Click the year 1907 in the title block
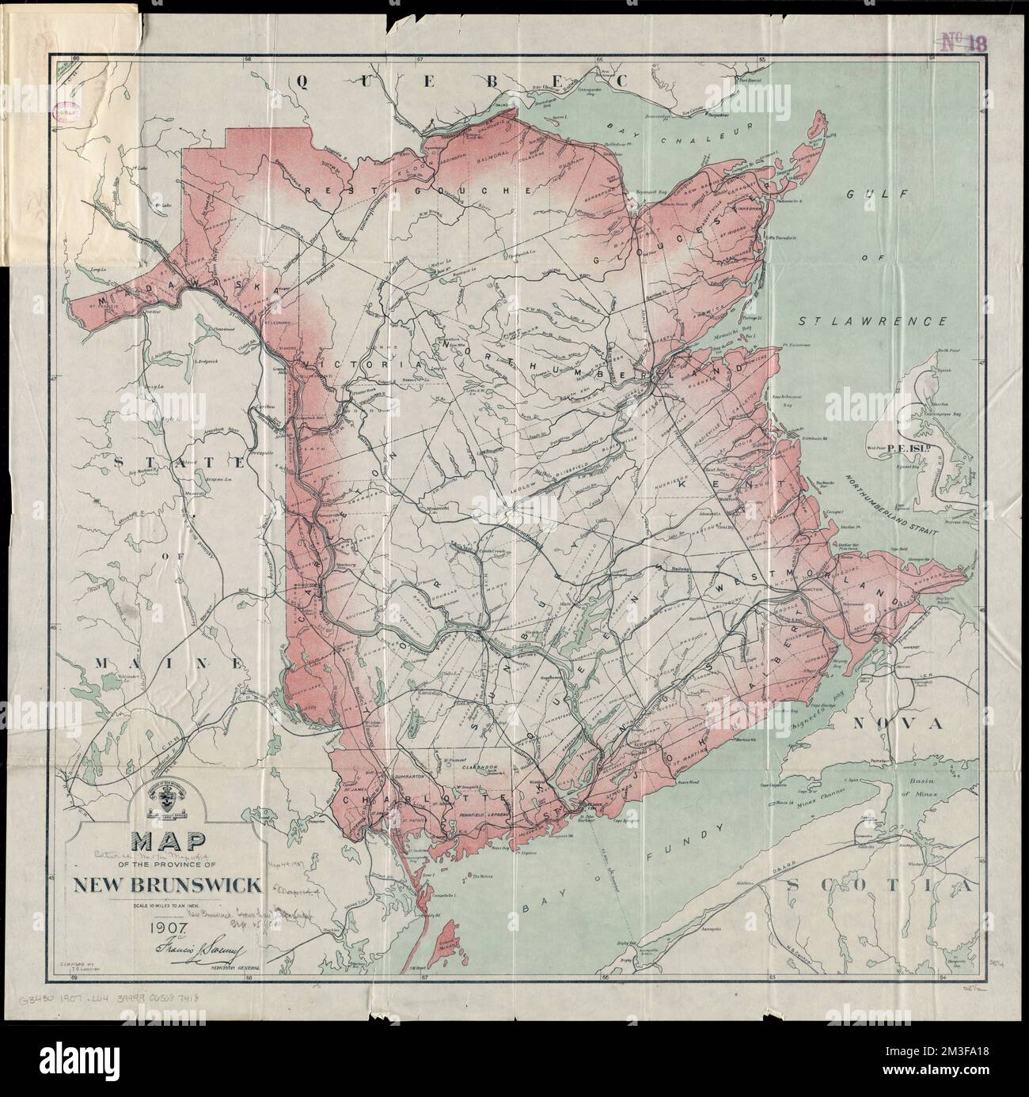pyautogui.click(x=165, y=918)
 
